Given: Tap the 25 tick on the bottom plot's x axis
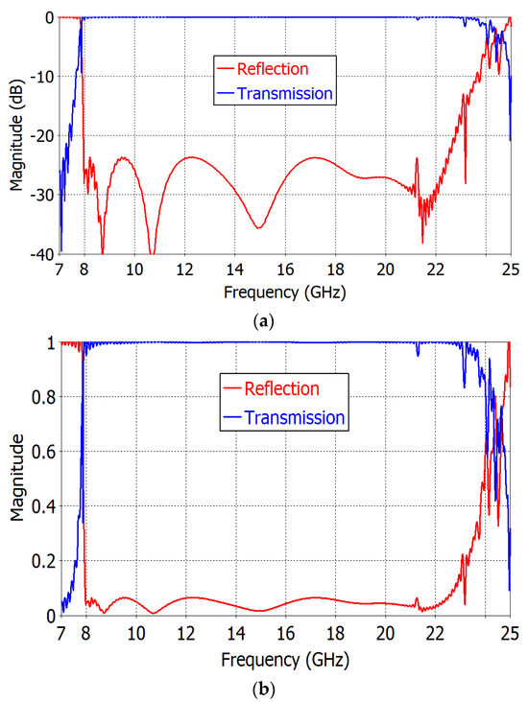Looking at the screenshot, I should (x=510, y=633).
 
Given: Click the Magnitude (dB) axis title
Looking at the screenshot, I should (x=13, y=135).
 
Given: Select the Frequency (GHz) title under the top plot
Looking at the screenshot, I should (x=285, y=288).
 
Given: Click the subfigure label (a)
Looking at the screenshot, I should (x=264, y=321).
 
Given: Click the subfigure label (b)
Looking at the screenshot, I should (x=264, y=688).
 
